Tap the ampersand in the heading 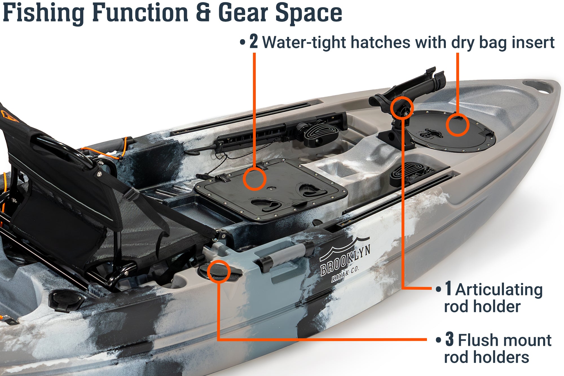point(203,12)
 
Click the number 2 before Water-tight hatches point(254,41)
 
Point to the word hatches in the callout point(380,43)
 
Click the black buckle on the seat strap point(131,194)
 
